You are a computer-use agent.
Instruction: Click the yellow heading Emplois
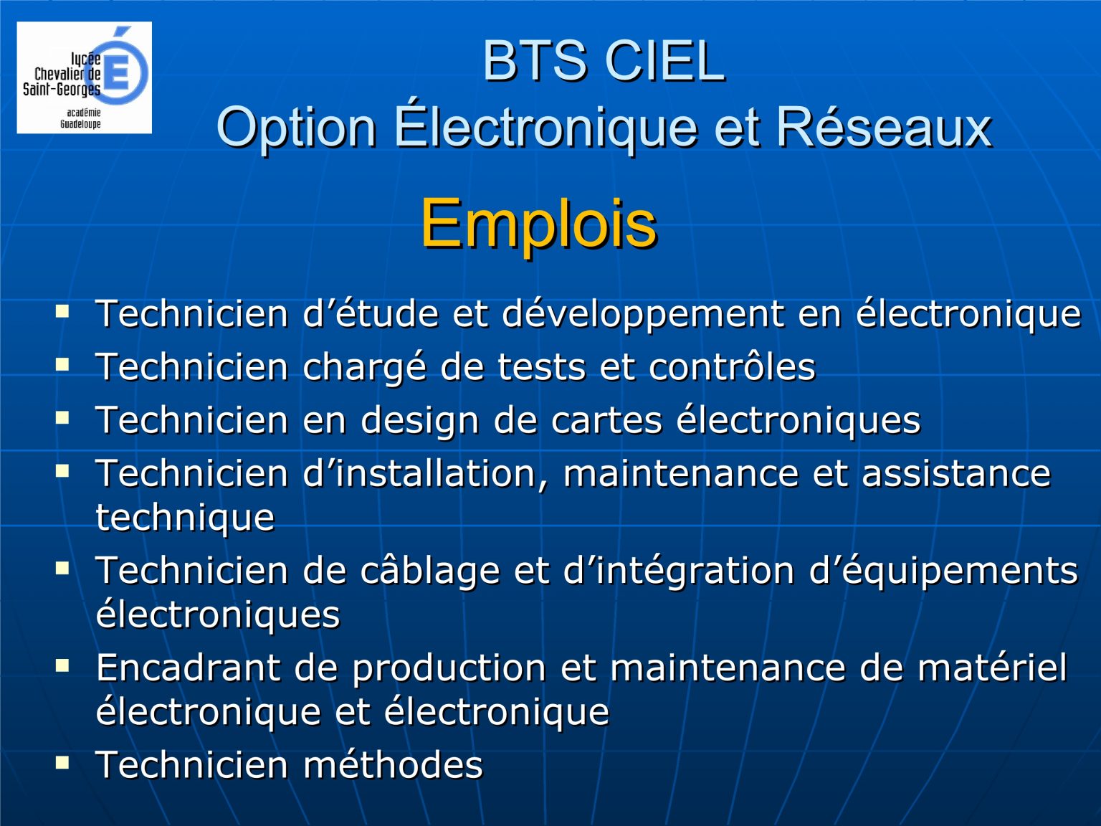[x=539, y=225]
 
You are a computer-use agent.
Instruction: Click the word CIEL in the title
[x=665, y=61]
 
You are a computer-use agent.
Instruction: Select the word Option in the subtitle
[x=297, y=129]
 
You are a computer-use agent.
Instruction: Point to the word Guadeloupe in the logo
[x=80, y=124]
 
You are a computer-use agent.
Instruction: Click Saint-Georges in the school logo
[x=62, y=90]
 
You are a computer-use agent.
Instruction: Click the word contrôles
[x=732, y=366]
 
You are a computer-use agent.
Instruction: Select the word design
[x=420, y=421]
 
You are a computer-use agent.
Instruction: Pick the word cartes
[x=606, y=420]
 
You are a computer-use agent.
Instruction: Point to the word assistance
[x=956, y=473]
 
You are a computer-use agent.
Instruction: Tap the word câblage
[x=430, y=571]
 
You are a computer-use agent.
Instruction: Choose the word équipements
[x=960, y=571]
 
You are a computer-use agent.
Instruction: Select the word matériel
[x=992, y=668]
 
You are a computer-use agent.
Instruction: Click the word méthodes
[x=393, y=764]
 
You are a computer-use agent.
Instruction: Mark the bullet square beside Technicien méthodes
[x=62, y=763]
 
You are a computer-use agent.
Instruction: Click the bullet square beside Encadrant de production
[x=62, y=665]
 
